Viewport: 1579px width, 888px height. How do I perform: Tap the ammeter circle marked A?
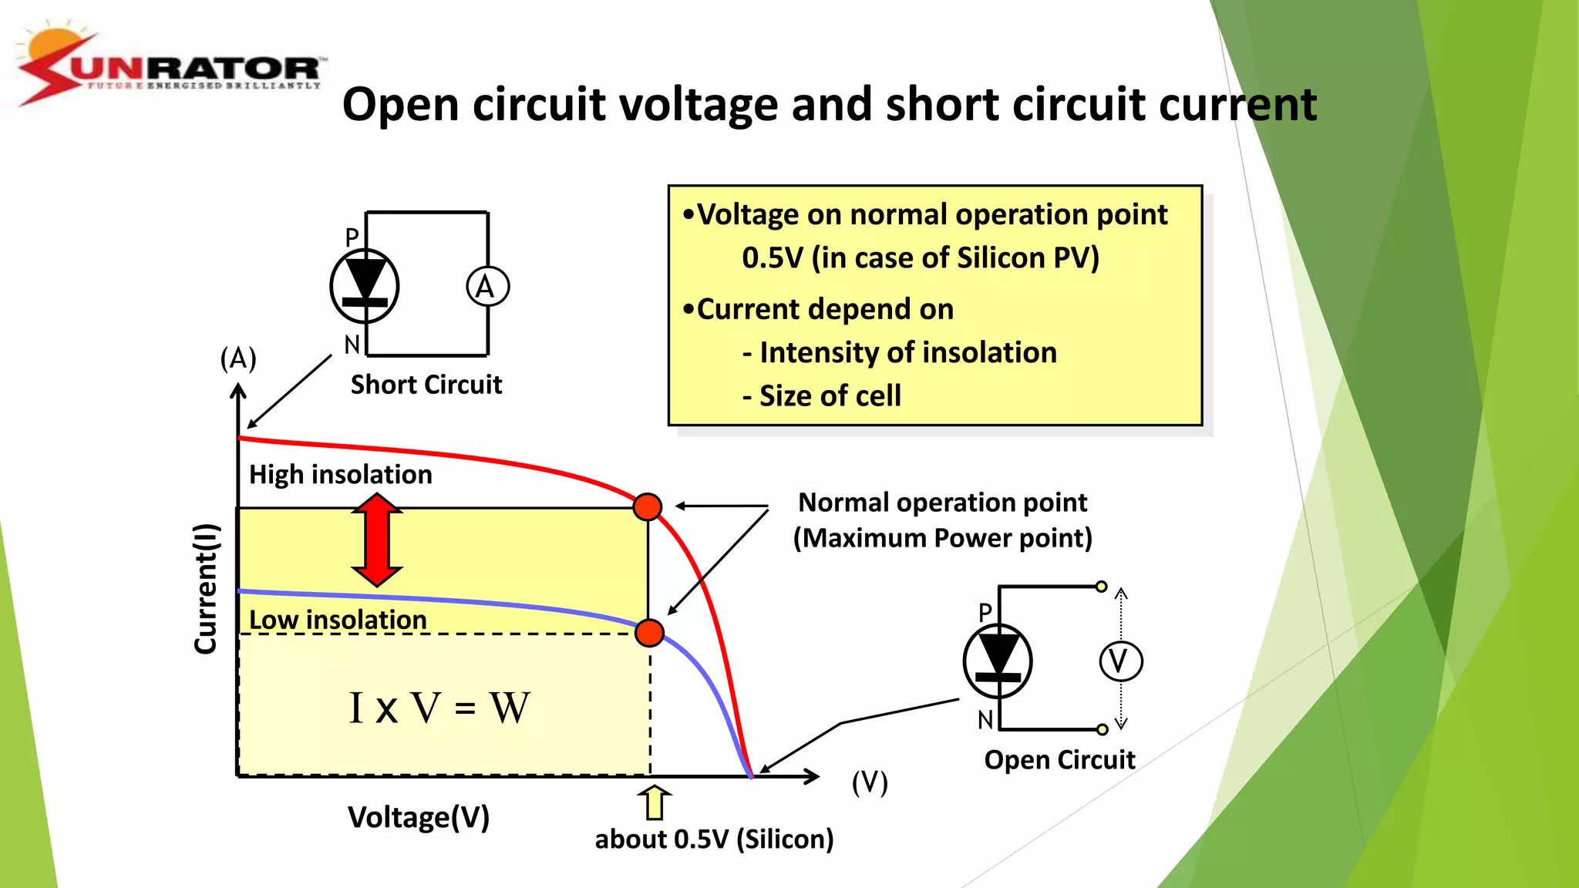point(487,287)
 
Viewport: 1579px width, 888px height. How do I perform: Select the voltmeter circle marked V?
point(1119,661)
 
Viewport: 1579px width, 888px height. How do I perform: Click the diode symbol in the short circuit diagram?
point(365,286)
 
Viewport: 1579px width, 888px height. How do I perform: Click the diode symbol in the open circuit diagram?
point(998,661)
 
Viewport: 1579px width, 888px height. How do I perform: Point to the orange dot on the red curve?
point(648,506)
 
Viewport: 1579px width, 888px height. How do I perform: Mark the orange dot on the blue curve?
point(650,633)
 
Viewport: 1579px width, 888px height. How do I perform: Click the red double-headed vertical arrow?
point(377,540)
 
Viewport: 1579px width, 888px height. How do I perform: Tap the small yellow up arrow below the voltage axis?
point(655,803)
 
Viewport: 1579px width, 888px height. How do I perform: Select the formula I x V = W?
point(439,708)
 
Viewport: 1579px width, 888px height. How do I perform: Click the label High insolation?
point(340,474)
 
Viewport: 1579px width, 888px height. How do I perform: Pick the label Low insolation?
point(338,620)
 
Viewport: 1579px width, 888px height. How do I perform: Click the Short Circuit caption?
point(426,385)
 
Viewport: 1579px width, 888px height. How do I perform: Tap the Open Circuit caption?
point(1059,760)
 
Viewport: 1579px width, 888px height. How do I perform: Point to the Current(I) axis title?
point(206,589)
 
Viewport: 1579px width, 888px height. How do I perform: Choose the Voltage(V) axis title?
point(418,817)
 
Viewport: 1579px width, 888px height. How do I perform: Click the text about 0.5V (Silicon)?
point(714,839)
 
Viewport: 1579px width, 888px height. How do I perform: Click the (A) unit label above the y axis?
point(238,358)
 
